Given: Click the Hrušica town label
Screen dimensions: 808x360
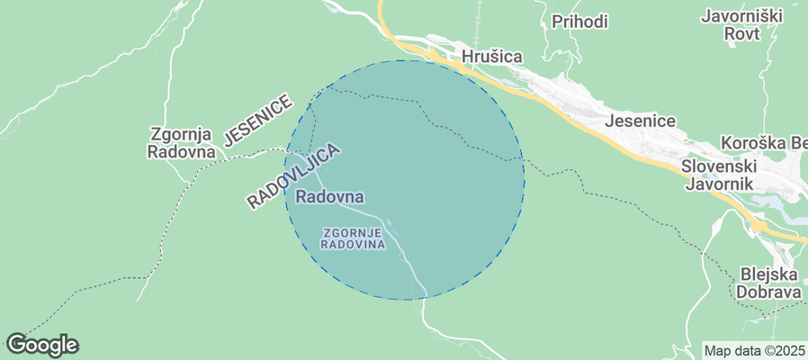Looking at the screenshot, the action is pos(491,57).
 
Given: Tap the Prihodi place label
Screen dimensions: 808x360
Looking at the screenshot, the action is pos(579,22).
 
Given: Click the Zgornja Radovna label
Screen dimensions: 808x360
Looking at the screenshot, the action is pos(185,142).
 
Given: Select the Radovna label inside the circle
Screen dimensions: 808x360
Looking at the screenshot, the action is pos(329,196).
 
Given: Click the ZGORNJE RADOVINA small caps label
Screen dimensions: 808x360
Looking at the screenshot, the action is pos(354,238).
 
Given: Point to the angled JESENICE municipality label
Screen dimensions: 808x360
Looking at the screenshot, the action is pos(258,120).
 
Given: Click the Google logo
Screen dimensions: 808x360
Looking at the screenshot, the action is pos(41,344).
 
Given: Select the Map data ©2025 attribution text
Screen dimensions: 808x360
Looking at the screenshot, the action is pos(754,350).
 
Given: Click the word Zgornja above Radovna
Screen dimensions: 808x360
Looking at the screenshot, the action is pos(185,134).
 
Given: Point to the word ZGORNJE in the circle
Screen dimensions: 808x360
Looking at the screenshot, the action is pos(354,232).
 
